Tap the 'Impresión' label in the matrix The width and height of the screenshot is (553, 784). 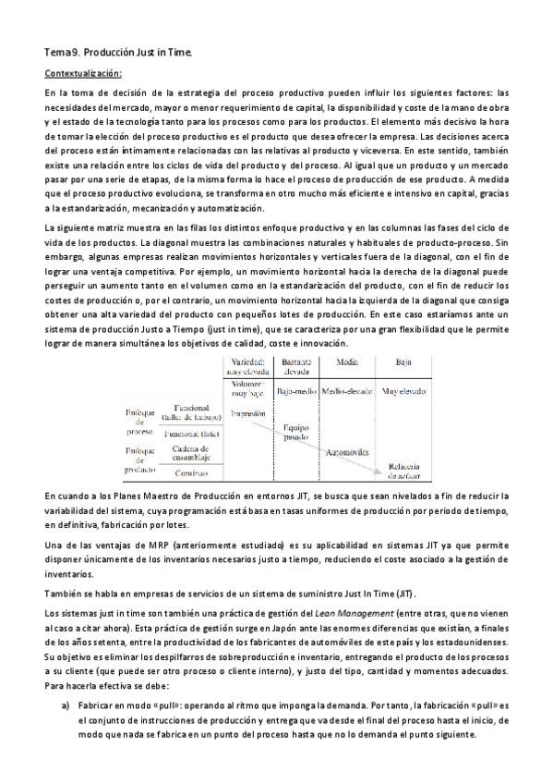248,414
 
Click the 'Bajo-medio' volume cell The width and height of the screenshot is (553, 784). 296,391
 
